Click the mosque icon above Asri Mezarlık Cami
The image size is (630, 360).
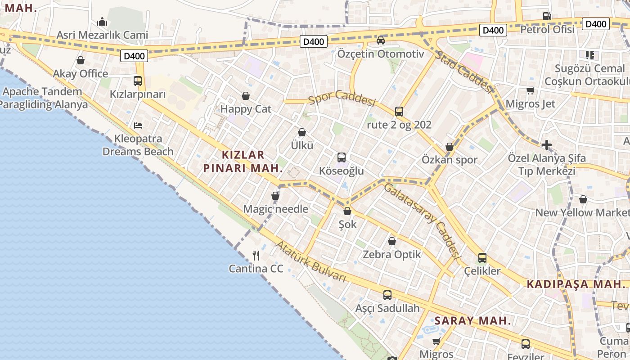pyautogui.click(x=102, y=22)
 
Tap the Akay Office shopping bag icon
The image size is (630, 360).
pyautogui.click(x=81, y=60)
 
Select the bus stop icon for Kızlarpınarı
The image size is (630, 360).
pyautogui.click(x=138, y=81)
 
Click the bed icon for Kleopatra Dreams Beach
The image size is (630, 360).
pyautogui.click(x=138, y=125)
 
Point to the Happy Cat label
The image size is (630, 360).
pyautogui.click(x=246, y=109)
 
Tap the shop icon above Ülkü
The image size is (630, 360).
pyautogui.click(x=302, y=132)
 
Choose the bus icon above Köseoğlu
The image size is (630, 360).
pyautogui.click(x=342, y=157)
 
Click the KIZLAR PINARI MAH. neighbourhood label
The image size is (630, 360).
pyautogui.click(x=243, y=162)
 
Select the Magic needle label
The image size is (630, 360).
pyautogui.click(x=275, y=209)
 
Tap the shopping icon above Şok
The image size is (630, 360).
pyautogui.click(x=347, y=211)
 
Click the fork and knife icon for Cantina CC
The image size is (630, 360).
pyautogui.click(x=256, y=256)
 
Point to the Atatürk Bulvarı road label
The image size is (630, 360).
pyautogui.click(x=310, y=261)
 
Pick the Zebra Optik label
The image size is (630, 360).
pyautogui.click(x=392, y=254)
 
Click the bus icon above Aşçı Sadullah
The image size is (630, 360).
pyautogui.click(x=387, y=295)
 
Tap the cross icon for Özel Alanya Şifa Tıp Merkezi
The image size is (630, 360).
pyautogui.click(x=547, y=145)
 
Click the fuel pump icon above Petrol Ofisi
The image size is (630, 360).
pyautogui.click(x=547, y=16)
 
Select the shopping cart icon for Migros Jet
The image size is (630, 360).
pyautogui.click(x=531, y=90)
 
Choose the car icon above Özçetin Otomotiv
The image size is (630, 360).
pyautogui.click(x=381, y=40)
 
